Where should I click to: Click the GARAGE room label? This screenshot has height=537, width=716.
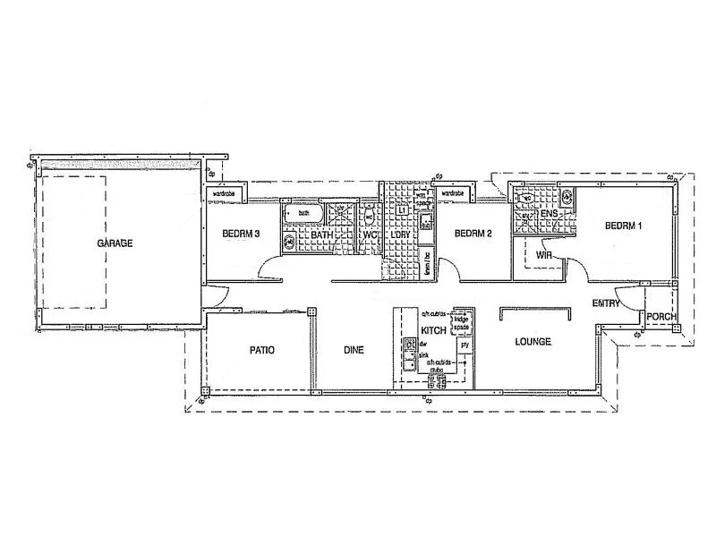coord(115,243)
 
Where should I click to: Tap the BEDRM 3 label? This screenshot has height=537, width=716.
coord(240,234)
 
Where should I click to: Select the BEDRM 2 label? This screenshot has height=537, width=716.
coord(473,234)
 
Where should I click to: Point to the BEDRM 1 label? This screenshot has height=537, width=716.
coord(624,226)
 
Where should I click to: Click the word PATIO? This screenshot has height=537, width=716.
coord(261,350)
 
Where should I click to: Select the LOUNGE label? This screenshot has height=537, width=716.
coord(533,342)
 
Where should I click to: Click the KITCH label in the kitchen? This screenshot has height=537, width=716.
coord(433,330)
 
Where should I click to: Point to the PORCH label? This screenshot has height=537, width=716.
coord(661,317)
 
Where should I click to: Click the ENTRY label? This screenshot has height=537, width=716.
coord(606,303)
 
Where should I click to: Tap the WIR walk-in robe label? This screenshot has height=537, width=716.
coord(543,254)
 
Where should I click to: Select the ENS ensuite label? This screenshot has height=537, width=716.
coord(549,216)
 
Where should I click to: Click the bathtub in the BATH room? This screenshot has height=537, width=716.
coord(303,213)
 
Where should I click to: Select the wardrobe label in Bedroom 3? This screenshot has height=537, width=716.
coord(224,192)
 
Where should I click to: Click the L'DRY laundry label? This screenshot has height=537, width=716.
coord(400,234)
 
